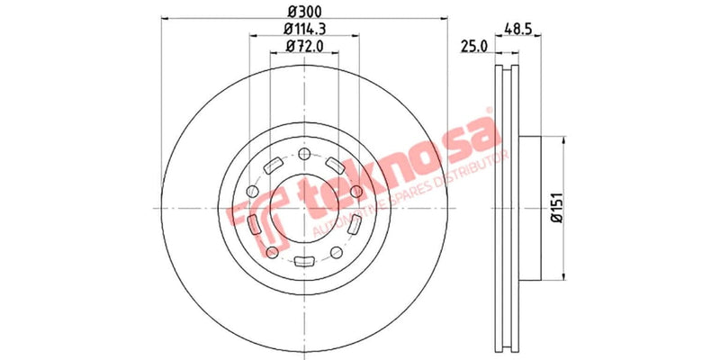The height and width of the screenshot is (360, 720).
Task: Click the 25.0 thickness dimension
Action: (x=473, y=46)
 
